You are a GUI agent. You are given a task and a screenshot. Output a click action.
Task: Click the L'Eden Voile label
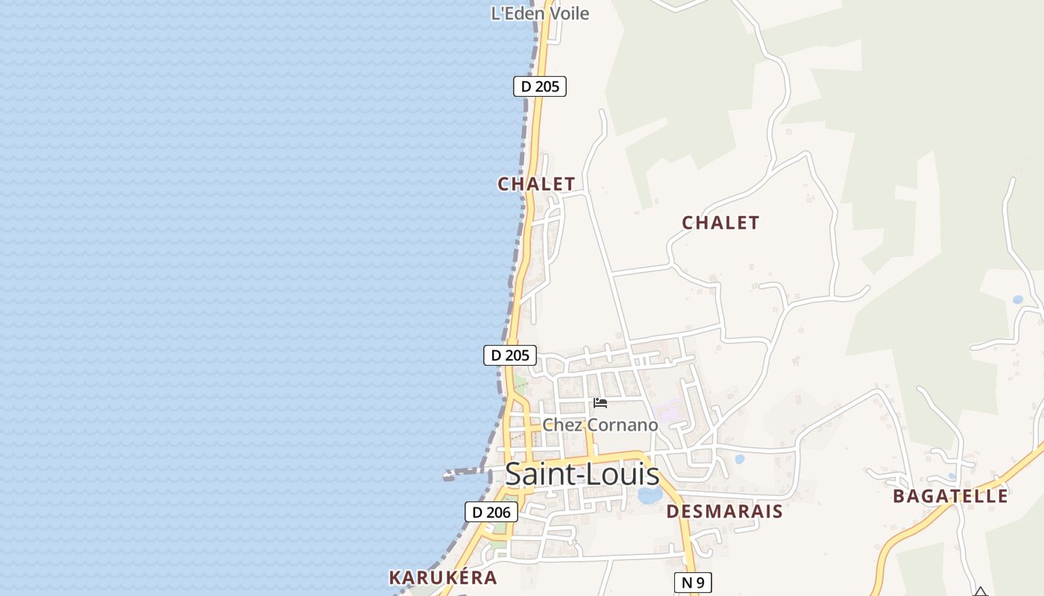(540, 13)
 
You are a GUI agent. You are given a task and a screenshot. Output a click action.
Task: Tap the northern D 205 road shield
(540, 86)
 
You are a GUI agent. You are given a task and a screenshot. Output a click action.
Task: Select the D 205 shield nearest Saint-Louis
(510, 355)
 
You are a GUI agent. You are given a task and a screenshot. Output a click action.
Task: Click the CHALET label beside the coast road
(536, 184)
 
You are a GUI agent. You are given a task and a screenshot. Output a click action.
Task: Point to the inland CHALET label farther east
(720, 223)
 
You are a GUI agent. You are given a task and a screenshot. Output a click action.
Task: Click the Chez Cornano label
(600, 425)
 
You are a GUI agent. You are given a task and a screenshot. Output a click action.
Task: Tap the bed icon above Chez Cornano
(600, 403)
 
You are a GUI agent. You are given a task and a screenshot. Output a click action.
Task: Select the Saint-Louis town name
(582, 475)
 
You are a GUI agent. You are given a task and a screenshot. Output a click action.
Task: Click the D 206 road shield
(491, 512)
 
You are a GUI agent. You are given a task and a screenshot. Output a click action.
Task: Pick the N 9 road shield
(693, 583)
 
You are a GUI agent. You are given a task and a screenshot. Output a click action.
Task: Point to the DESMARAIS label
(724, 512)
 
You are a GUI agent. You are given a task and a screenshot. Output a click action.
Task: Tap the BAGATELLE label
(950, 496)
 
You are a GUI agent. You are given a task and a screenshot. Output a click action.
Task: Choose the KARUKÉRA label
(443, 577)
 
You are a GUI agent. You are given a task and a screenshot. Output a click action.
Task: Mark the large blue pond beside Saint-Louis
(650, 495)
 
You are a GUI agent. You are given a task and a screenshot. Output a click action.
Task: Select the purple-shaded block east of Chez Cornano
(668, 410)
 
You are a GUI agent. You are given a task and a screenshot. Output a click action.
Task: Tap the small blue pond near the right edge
(1018, 299)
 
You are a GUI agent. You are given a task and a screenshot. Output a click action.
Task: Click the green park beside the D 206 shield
(498, 530)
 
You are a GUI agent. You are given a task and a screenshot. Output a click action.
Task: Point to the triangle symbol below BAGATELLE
(981, 592)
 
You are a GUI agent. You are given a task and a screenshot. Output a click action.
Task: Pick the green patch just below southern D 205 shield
(520, 384)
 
